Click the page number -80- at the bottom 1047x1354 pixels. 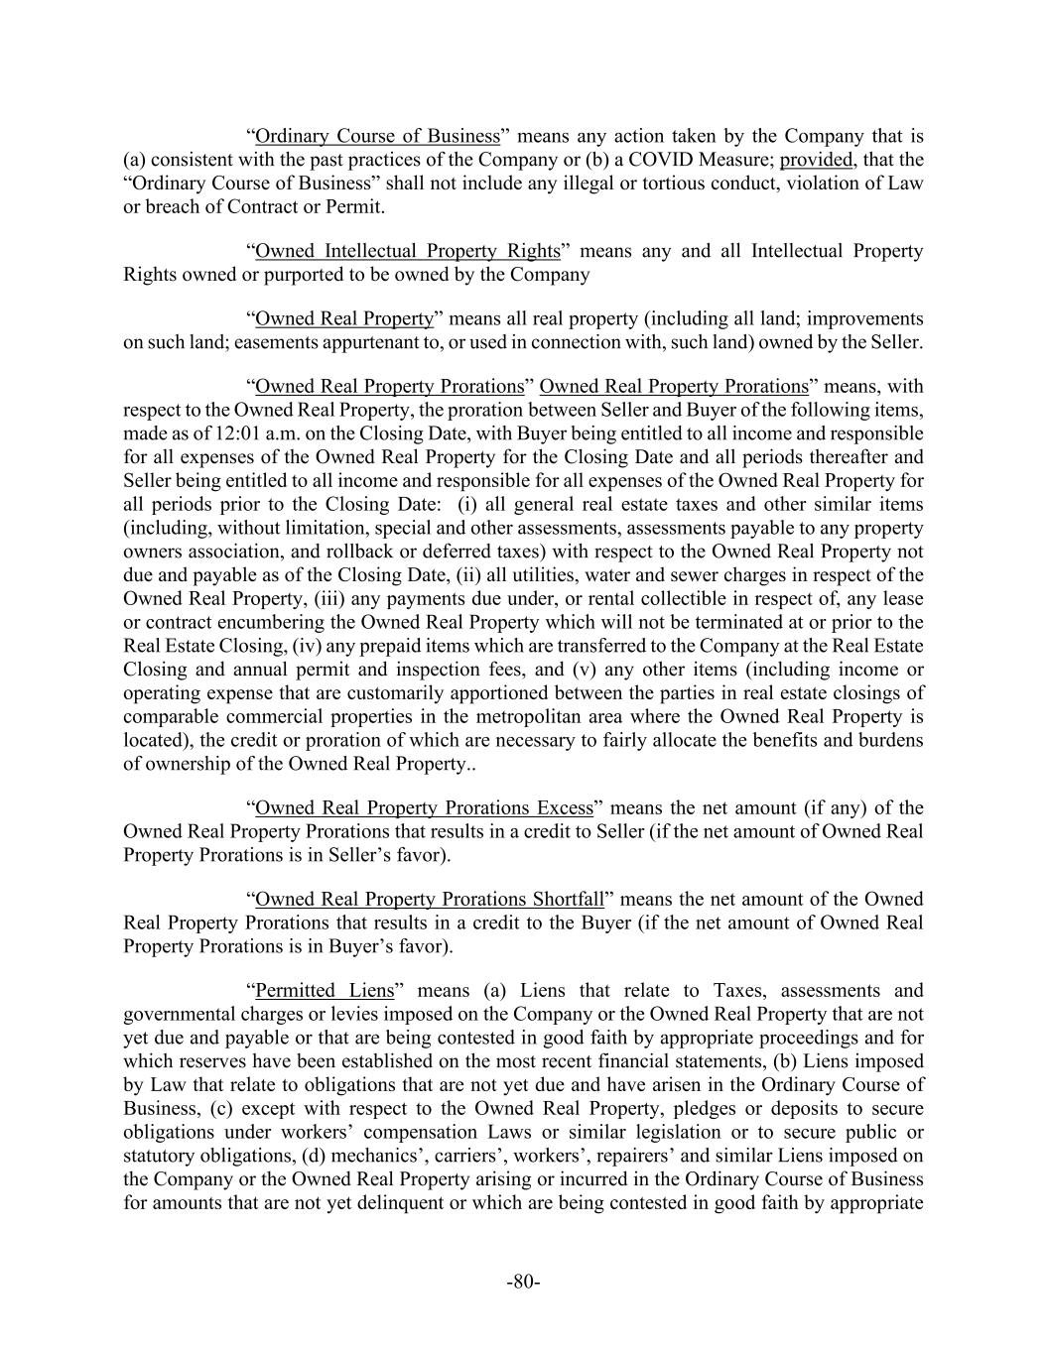tap(523, 1282)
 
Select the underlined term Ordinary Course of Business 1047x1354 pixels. tap(377, 136)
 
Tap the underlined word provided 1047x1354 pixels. tap(816, 160)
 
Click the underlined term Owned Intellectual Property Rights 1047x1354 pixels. tap(408, 251)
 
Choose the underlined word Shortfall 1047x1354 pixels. tap(568, 899)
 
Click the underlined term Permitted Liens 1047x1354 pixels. tap(325, 990)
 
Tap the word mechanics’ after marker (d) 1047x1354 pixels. tap(371, 1156)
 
